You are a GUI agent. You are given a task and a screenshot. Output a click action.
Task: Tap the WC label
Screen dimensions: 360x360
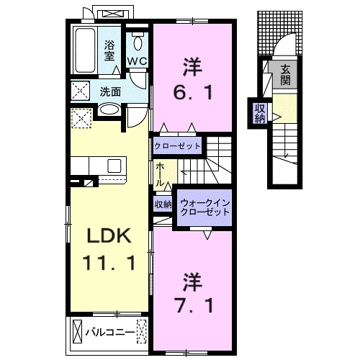coord(138,61)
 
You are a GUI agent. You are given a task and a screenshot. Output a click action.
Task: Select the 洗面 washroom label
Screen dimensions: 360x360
coord(110,91)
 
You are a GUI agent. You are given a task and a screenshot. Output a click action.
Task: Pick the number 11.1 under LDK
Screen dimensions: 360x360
coord(108,264)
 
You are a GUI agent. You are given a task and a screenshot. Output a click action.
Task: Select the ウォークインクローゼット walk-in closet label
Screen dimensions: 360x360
coord(204,207)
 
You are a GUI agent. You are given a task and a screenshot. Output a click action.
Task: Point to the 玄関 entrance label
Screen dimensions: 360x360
coord(285,74)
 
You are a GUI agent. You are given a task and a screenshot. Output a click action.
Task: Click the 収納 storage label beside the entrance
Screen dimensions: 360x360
coord(259,113)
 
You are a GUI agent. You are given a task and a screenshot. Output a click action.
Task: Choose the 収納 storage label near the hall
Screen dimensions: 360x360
coord(163,204)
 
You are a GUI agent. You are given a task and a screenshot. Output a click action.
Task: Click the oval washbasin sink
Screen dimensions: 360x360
coord(109,111)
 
